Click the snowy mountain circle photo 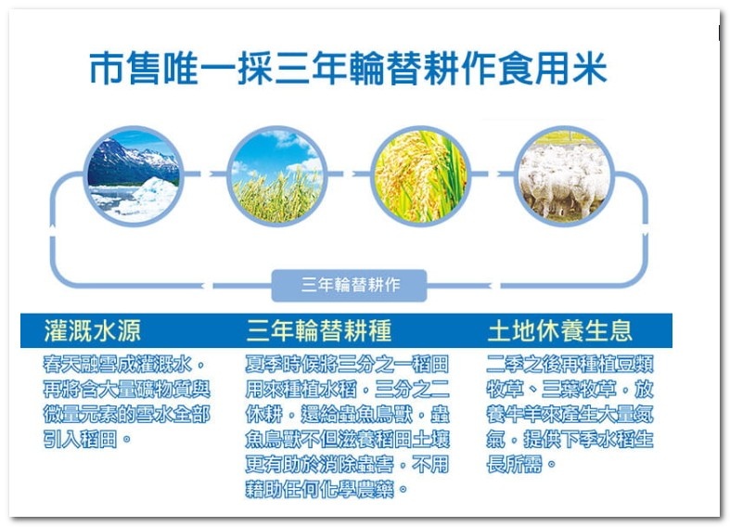(x=134, y=176)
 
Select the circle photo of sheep (x=564, y=176)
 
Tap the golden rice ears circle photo (x=420, y=176)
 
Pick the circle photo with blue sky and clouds (x=277, y=176)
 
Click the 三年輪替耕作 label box (x=349, y=285)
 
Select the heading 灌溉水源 (x=93, y=331)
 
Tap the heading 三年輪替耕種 (x=319, y=331)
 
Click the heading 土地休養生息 (x=560, y=331)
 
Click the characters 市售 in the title (x=125, y=69)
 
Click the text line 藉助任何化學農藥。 (x=327, y=489)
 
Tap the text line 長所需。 (x=521, y=464)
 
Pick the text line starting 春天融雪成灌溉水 (x=124, y=364)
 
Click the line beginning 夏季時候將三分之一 (x=347, y=364)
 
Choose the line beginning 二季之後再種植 (x=570, y=364)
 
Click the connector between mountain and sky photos (x=205, y=174)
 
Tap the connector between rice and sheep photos (x=493, y=174)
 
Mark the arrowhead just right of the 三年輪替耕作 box (x=493, y=286)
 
